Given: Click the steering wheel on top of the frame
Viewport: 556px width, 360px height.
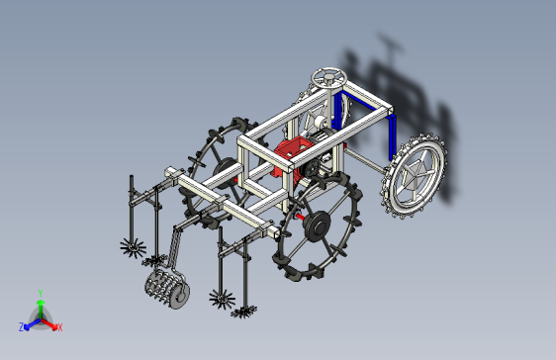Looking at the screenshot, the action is pyautogui.click(x=328, y=77).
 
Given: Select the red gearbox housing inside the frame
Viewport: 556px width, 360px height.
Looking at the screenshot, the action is pyautogui.click(x=291, y=156).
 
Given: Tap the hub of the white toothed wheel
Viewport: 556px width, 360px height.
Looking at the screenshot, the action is pyautogui.click(x=415, y=175).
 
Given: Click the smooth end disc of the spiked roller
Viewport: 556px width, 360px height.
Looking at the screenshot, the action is pyautogui.click(x=180, y=295).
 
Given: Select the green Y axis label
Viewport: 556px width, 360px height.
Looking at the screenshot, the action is pyautogui.click(x=41, y=293).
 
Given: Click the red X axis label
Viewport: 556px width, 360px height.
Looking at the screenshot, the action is pyautogui.click(x=60, y=327).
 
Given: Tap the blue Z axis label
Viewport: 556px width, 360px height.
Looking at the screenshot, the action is pyautogui.click(x=22, y=326).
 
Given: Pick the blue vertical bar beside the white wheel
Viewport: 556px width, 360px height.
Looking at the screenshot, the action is pyautogui.click(x=392, y=137).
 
